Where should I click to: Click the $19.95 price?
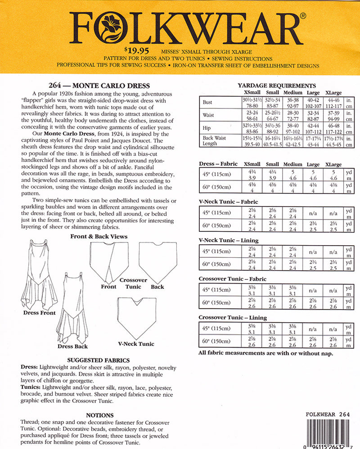click(x=136, y=51)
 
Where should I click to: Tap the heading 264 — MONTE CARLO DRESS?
click(x=99, y=85)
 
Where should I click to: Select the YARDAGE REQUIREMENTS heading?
click(x=277, y=85)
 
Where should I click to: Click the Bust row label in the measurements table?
click(x=207, y=102)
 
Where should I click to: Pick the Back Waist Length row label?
click(x=214, y=141)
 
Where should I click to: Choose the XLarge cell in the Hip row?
click(x=333, y=129)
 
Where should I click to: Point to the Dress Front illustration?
click(x=39, y=274)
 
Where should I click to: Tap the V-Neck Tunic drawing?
click(x=136, y=318)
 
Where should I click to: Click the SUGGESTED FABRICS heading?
click(x=98, y=360)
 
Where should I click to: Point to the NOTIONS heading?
click(x=99, y=415)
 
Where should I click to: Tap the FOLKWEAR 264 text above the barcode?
click(x=328, y=414)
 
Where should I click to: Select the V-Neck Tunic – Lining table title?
click(x=229, y=240)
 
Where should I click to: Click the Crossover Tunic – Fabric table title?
click(x=233, y=279)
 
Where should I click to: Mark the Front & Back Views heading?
click(x=99, y=237)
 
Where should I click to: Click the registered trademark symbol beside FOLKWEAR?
click(x=303, y=16)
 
